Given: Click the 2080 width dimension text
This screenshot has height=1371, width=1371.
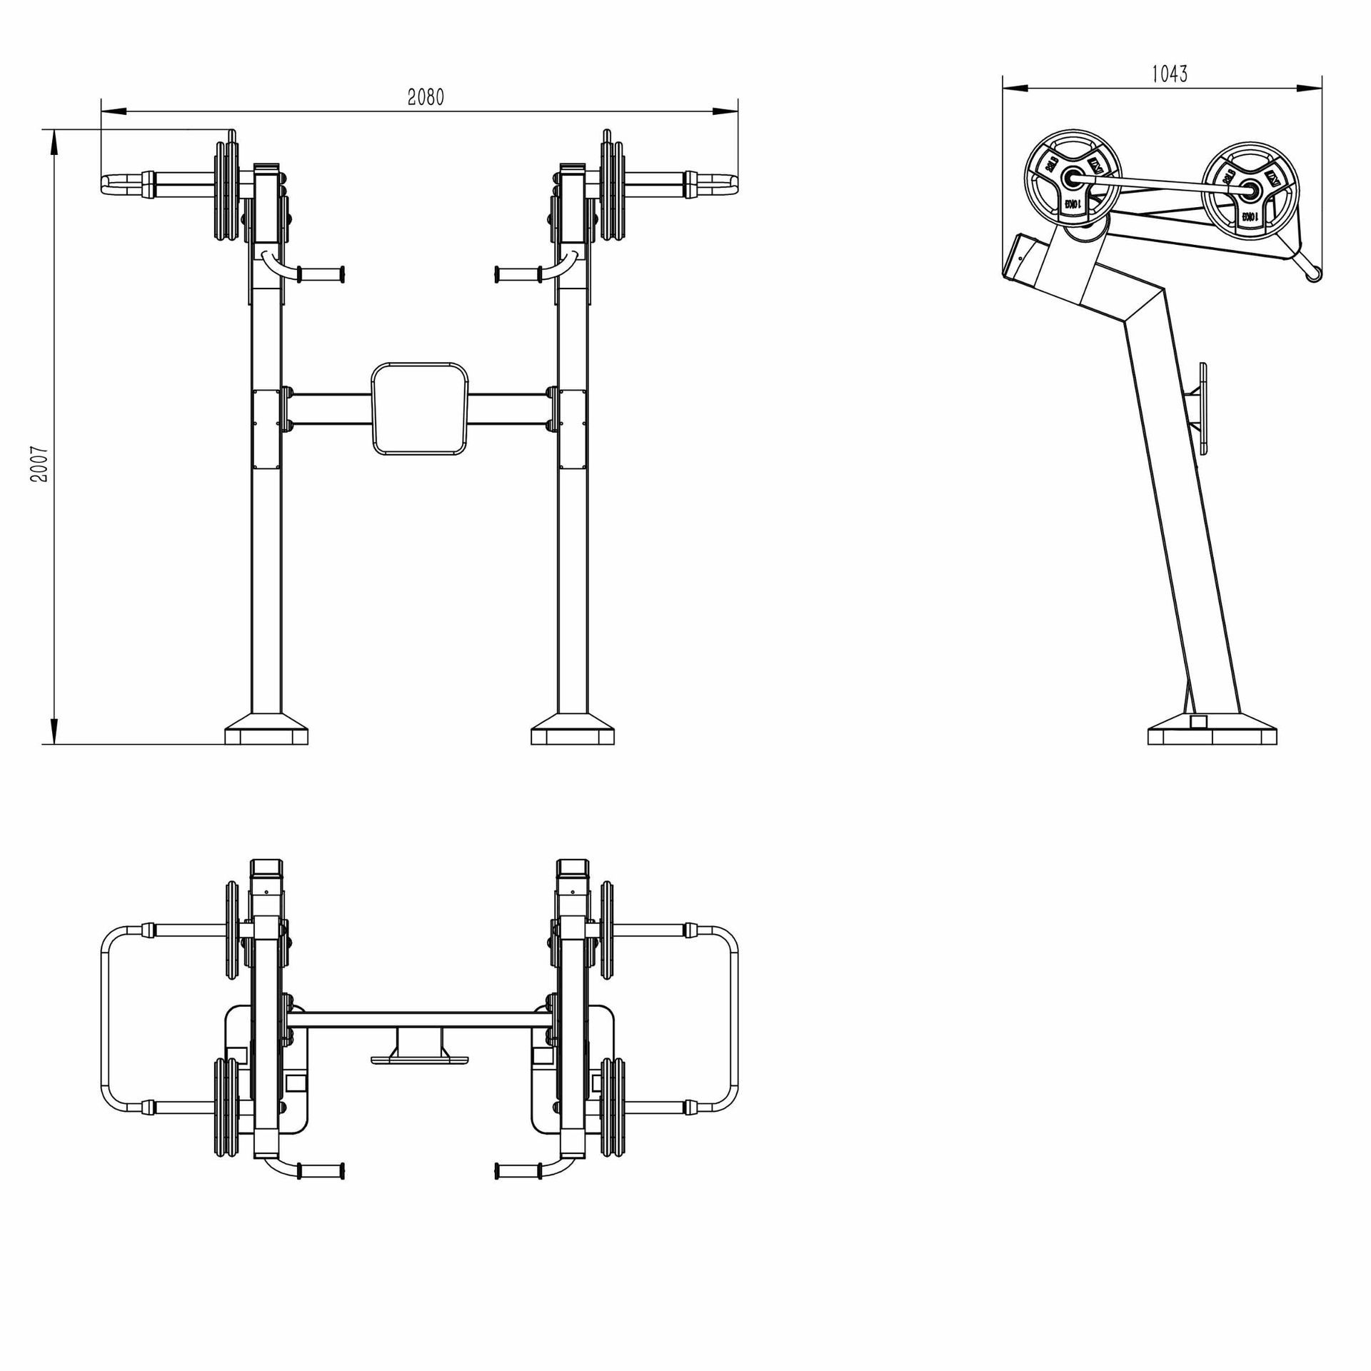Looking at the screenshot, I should [x=426, y=97].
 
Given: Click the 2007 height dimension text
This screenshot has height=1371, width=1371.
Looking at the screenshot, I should [x=39, y=464].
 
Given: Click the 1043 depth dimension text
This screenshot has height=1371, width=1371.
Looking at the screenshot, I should [x=1170, y=74].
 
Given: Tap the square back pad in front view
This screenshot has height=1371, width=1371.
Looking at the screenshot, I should [x=420, y=408].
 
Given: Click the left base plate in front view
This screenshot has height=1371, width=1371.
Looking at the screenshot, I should [x=266, y=734].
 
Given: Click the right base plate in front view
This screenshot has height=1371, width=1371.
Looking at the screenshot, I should [x=573, y=734].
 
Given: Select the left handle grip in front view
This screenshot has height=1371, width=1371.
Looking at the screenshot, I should [x=321, y=273].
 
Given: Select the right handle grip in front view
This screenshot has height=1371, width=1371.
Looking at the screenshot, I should [x=518, y=273].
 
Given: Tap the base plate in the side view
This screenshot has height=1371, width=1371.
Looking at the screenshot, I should [x=1212, y=736].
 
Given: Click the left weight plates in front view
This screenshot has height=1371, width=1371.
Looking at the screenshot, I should [x=227, y=191].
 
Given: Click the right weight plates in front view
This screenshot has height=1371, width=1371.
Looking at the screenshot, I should [x=613, y=191].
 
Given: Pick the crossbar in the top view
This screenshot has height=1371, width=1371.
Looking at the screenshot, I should [x=420, y=1020].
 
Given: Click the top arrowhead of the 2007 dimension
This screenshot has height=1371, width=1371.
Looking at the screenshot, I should [x=54, y=142].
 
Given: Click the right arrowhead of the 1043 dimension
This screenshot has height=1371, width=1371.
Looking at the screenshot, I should [x=1311, y=88].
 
